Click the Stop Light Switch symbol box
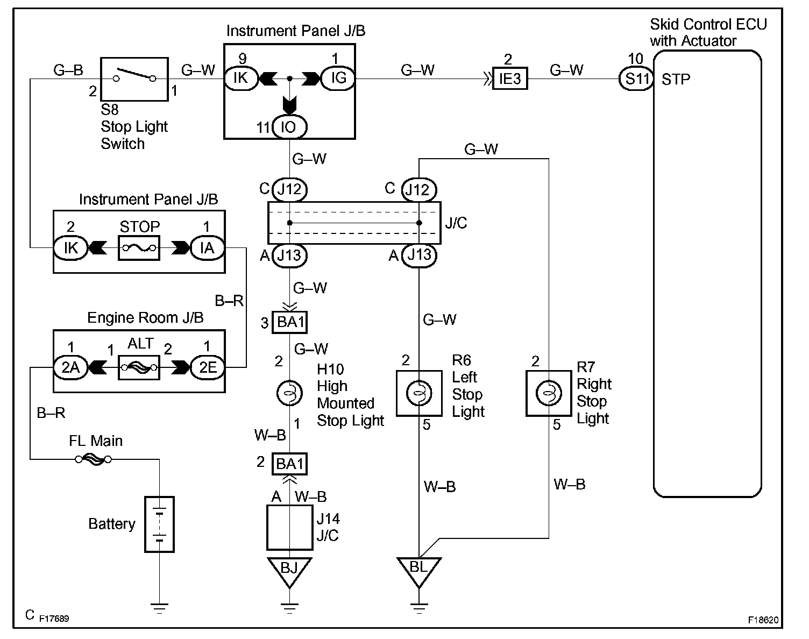[x=134, y=79]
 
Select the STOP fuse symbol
[x=139, y=248]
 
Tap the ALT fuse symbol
[x=139, y=367]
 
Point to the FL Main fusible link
[x=93, y=459]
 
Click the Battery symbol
[x=159, y=524]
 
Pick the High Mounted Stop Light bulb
[x=289, y=393]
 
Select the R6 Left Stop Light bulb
[x=419, y=393]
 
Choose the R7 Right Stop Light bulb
[x=549, y=393]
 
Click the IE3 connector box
[x=509, y=79]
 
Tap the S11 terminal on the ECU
[x=637, y=79]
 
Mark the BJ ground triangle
[x=289, y=569]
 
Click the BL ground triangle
[x=419, y=569]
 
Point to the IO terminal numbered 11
[x=289, y=127]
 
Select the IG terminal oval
[x=338, y=79]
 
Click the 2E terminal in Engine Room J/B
[x=207, y=367]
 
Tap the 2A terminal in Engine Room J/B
[x=70, y=367]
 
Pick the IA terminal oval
[x=207, y=248]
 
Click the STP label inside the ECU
[x=676, y=80]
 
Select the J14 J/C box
[x=289, y=527]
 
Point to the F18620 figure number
[x=763, y=620]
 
